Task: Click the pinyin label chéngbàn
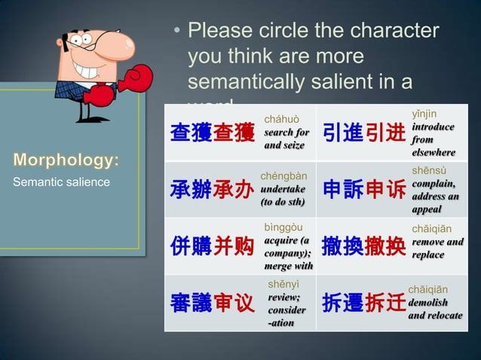(x=283, y=176)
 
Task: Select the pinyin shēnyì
(x=283, y=283)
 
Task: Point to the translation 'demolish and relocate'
(x=435, y=309)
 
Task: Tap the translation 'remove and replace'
(x=437, y=248)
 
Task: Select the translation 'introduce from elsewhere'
(x=433, y=139)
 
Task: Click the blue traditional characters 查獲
(x=191, y=133)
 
